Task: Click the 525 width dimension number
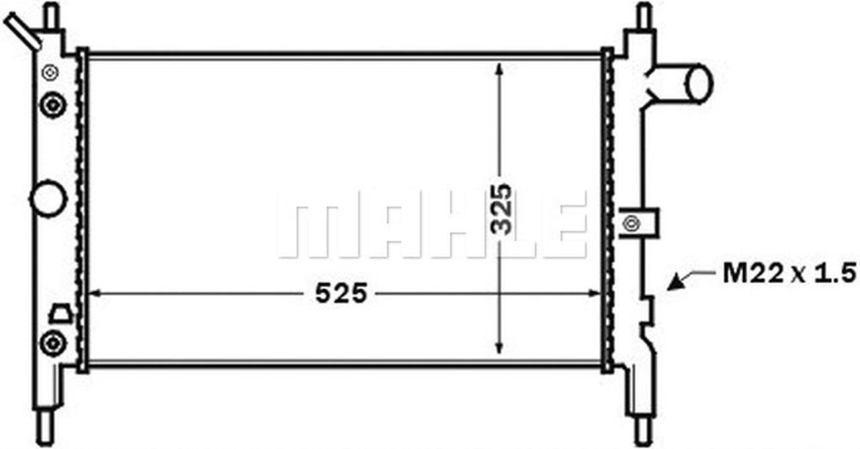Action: tap(342, 293)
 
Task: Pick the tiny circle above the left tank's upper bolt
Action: tap(51, 71)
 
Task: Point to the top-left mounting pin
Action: tap(51, 15)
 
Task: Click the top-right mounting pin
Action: tap(643, 15)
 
